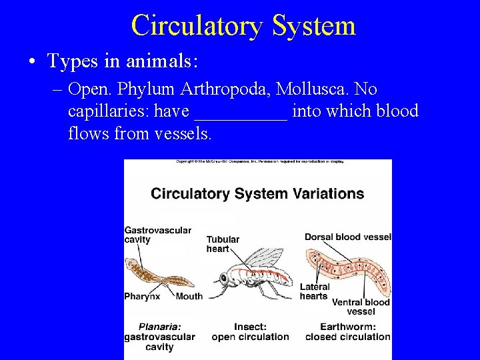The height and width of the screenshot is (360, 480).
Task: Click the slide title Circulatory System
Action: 243,25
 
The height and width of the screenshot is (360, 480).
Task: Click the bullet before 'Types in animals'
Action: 33,62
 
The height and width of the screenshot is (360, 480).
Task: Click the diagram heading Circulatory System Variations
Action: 257,194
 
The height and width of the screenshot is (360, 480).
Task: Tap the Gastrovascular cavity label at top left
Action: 157,235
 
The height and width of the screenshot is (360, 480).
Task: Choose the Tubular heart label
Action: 223,244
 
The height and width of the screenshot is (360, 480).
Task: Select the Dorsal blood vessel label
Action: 347,237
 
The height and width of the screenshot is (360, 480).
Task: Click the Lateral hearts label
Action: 314,291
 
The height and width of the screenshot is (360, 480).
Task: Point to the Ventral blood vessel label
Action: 361,307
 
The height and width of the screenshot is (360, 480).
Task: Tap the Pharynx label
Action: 142,296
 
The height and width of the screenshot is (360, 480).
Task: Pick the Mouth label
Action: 189,296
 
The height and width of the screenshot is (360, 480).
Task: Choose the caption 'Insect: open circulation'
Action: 250,332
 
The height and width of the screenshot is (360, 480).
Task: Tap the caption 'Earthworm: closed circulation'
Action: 347,332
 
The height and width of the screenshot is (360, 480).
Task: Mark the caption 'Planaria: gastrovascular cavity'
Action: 159,337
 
